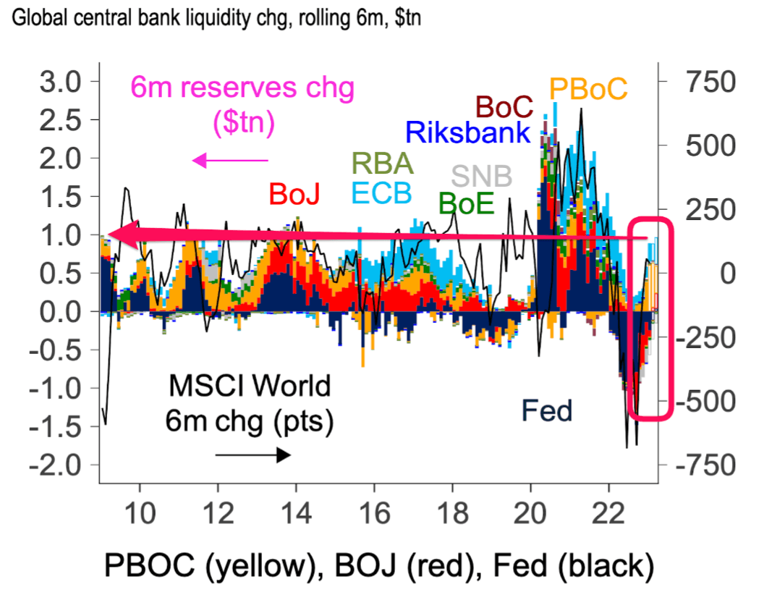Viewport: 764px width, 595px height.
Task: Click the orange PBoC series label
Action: [587, 89]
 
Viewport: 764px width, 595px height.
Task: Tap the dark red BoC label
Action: [504, 107]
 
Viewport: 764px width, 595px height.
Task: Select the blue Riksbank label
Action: [468, 133]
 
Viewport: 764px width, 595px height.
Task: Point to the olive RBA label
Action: [382, 164]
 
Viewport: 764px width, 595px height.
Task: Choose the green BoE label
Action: [467, 205]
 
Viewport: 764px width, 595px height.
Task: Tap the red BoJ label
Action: [294, 193]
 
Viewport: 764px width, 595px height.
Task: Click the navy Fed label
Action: [547, 411]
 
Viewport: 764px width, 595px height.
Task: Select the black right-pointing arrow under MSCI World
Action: [253, 455]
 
